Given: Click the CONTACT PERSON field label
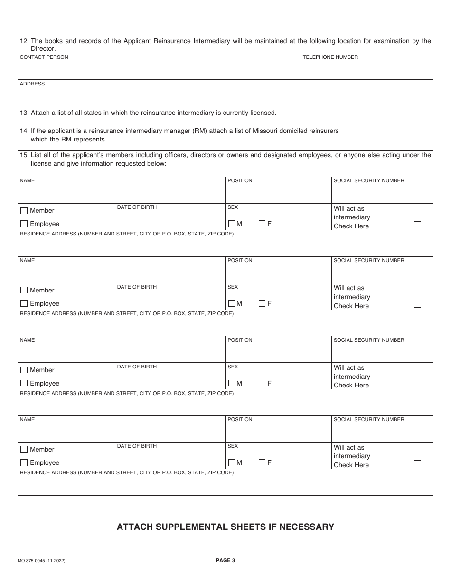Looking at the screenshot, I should coord(44,57).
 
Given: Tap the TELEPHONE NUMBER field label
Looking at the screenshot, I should coord(330,57).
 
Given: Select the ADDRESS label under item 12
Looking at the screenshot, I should coord(32,84).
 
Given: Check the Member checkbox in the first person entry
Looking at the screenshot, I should coord(24,211).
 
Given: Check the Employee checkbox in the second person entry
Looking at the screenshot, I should coord(24,304).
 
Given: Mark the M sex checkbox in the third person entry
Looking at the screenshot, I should coord(232,383).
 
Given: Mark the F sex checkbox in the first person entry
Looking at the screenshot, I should coord(262,224).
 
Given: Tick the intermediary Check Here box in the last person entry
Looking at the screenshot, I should coord(417,464).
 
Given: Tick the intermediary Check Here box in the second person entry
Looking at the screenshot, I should coord(417,305).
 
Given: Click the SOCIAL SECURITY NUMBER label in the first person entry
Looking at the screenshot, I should coord(369,180).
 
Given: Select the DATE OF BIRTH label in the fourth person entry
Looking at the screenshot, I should coord(137,446).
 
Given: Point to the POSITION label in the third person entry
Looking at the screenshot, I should coord(240,340).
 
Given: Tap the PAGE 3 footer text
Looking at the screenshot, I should coord(225,560).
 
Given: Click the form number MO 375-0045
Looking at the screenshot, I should coord(32,561).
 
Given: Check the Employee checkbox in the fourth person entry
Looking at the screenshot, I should coord(24,463).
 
